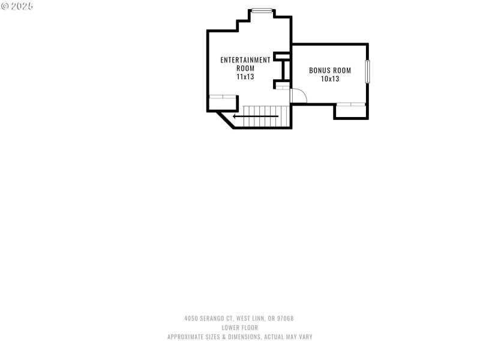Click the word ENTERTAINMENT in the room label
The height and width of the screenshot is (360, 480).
245,60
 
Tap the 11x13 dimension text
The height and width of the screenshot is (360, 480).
245,77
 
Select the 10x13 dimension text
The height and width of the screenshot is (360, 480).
330,79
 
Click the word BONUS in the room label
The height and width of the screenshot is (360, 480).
319,70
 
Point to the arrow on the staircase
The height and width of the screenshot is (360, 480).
256,116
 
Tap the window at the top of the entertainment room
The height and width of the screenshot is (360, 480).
262,10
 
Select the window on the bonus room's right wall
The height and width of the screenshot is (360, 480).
367,71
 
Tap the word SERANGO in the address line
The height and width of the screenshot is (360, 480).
214,319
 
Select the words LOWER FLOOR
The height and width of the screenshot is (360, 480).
240,328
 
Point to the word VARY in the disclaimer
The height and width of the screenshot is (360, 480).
304,337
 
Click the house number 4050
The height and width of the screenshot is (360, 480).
191,319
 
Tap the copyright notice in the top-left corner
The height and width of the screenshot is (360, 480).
17,5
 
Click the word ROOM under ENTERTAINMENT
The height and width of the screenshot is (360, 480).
245,68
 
